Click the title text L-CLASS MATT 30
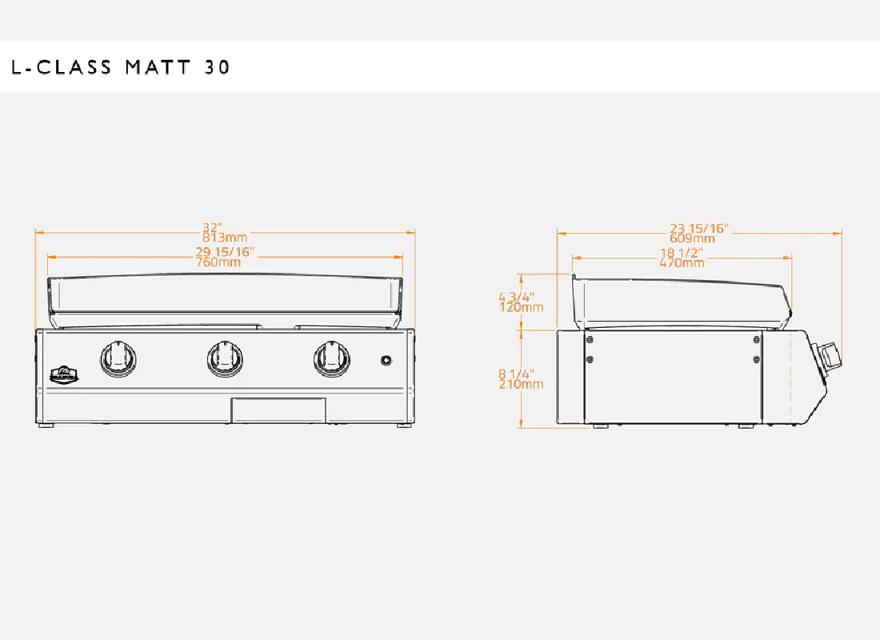pos(121,67)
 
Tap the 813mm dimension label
pos(225,238)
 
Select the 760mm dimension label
pos(218,262)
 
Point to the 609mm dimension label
pos(692,238)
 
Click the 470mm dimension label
pos(682,262)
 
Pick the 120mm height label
pos(521,307)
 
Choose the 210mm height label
pos(521,384)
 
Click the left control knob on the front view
pos(118,358)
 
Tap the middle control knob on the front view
pos(225,358)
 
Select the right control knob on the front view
pos(332,358)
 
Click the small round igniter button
pos(386,361)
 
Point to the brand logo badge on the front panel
pos(64,374)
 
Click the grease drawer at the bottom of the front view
pos(278,410)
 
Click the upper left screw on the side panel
pos(590,340)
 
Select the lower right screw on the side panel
pos(757,359)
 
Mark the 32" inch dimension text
pos(212,227)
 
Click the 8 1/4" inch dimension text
pos(516,374)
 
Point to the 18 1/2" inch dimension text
pos(682,253)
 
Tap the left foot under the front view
pos(46,426)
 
